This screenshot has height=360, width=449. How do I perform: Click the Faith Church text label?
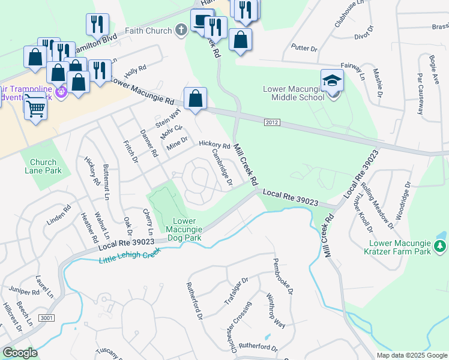(148, 31)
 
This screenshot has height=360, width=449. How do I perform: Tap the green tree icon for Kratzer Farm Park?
(440, 246)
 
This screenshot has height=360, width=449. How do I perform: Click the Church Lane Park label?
(43, 166)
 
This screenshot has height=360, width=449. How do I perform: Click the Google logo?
(20, 353)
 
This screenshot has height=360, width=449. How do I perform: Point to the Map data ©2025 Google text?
(411, 355)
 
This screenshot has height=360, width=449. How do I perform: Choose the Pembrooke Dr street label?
(282, 276)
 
